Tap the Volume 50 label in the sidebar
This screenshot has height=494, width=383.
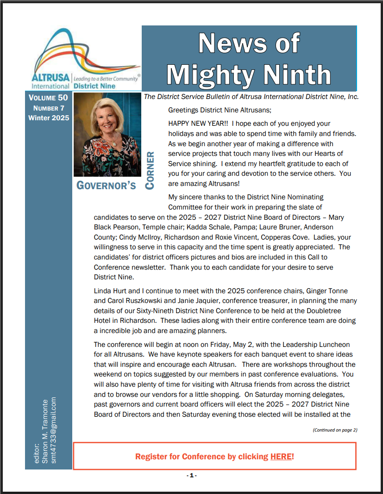coord(48,98)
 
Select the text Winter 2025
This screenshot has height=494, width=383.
coord(49,118)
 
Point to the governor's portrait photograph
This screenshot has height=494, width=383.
coord(107,135)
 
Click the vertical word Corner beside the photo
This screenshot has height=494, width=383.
coord(150,170)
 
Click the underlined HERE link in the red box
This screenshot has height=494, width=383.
coord(281,457)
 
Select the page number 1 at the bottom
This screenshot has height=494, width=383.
coord(192,475)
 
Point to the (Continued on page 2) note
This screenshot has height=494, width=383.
coord(335,430)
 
